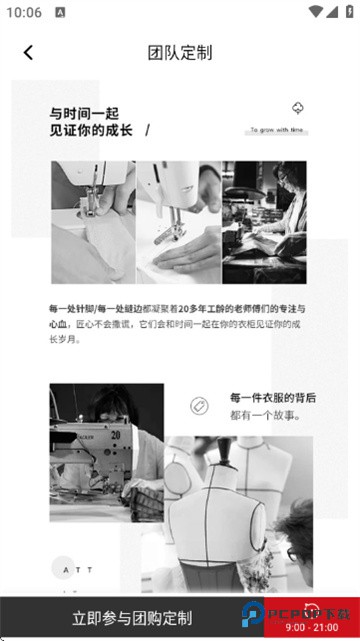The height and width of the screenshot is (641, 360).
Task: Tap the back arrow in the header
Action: (x=28, y=53)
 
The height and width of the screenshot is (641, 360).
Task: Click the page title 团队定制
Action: (x=180, y=53)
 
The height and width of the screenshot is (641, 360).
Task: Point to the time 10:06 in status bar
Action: (x=23, y=12)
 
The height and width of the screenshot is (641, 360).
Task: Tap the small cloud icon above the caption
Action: (x=297, y=108)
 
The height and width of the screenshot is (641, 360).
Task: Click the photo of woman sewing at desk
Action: (x=264, y=222)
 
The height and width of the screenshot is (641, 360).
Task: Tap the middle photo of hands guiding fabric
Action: (x=179, y=222)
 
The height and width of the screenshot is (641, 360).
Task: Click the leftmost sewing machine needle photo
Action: (x=93, y=222)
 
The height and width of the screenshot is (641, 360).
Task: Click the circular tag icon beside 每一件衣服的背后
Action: (x=198, y=405)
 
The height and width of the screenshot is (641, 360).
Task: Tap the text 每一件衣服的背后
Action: (x=272, y=398)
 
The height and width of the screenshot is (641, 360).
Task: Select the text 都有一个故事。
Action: (x=264, y=415)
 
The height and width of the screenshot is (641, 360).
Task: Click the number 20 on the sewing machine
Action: (x=116, y=436)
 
